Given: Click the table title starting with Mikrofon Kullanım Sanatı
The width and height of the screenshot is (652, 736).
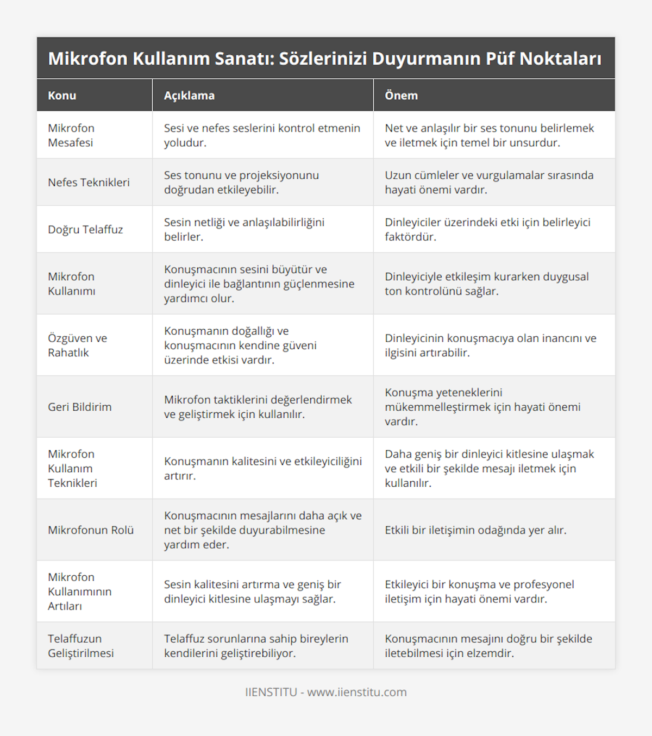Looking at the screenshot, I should pyautogui.click(x=325, y=58).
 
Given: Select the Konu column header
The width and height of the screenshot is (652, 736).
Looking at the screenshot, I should pyautogui.click(x=62, y=96).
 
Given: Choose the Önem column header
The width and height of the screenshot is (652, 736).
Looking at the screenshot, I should pyautogui.click(x=401, y=96).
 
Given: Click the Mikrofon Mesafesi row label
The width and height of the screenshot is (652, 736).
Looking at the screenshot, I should pyautogui.click(x=71, y=135).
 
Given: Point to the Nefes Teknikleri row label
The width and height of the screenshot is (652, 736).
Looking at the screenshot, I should pyautogui.click(x=89, y=183).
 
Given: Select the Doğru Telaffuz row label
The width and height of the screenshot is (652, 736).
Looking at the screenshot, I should pyautogui.click(x=85, y=229).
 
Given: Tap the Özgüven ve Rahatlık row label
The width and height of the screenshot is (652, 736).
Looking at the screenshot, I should pyautogui.click(x=77, y=345).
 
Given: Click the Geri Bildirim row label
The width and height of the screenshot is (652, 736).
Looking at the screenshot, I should pyautogui.click(x=79, y=407).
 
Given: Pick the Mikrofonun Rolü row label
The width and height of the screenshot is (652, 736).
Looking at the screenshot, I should pyautogui.click(x=91, y=530).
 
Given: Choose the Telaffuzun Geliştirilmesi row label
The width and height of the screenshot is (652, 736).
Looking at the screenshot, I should pyautogui.click(x=80, y=646).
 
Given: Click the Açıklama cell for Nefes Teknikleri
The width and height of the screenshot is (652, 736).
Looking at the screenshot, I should pyautogui.click(x=241, y=183).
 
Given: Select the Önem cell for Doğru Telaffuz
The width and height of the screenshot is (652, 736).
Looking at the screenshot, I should pyautogui.click(x=487, y=229).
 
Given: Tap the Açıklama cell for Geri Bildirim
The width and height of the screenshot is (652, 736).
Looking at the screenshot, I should pyautogui.click(x=258, y=407).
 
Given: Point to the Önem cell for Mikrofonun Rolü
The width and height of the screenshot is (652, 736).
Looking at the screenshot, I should pyautogui.click(x=475, y=530).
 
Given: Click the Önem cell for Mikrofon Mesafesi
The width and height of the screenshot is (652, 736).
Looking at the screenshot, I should pyautogui.click(x=489, y=135).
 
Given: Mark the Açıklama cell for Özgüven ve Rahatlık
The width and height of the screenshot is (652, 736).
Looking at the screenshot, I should pyautogui.click(x=240, y=345).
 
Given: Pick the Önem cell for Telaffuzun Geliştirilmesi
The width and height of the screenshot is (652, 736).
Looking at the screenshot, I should pyautogui.click(x=488, y=646).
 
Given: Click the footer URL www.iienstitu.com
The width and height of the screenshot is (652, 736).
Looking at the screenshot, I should pyautogui.click(x=356, y=692).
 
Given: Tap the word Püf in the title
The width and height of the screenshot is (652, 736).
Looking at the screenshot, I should pyautogui.click(x=496, y=58).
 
